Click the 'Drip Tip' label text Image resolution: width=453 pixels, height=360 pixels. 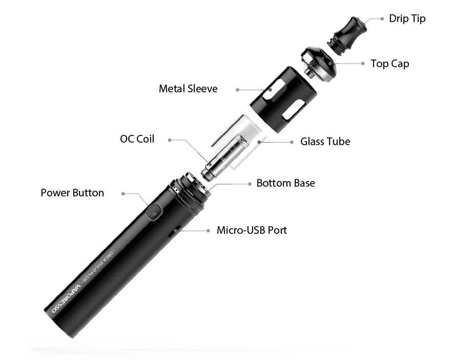pyautogui.click(x=407, y=19)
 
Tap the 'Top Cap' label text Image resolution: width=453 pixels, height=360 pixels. pyautogui.click(x=390, y=64)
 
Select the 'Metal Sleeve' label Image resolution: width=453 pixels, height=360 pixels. pyautogui.click(x=188, y=89)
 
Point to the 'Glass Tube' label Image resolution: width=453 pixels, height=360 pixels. pyautogui.click(x=325, y=142)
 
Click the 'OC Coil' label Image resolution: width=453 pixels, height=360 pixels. pyautogui.click(x=137, y=139)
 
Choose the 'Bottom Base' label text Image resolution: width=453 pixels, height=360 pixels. pyautogui.click(x=285, y=183)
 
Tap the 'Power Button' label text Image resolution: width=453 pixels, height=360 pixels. pyautogui.click(x=72, y=193)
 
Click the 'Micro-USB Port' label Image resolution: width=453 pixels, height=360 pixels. pyautogui.click(x=252, y=230)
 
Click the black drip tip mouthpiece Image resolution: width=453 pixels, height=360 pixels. pyautogui.click(x=348, y=35)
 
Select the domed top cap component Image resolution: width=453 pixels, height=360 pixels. pyautogui.click(x=319, y=64)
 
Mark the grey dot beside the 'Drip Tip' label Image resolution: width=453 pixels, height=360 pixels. pyautogui.click(x=382, y=19)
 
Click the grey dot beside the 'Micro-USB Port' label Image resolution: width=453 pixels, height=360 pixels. pyautogui.click(x=208, y=230)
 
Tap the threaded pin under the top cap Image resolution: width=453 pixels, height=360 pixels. pyautogui.click(x=310, y=73)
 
